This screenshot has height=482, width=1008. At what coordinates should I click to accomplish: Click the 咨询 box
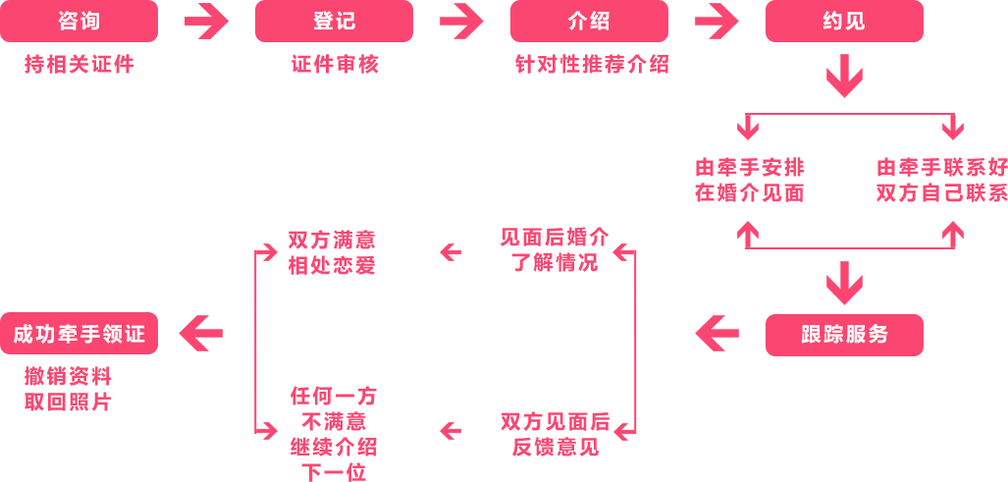click(x=79, y=21)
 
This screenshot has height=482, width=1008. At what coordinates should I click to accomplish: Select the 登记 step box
click(x=334, y=21)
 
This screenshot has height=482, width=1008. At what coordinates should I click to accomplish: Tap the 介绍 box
click(x=589, y=21)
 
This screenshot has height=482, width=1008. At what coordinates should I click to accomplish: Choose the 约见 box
click(x=844, y=21)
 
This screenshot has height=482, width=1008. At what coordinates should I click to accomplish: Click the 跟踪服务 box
click(x=844, y=334)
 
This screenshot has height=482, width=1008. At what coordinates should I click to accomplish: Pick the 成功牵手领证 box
click(x=79, y=334)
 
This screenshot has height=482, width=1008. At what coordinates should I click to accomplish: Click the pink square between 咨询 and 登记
click(x=206, y=21)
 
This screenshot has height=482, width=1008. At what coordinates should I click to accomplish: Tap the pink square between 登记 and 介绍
click(x=461, y=21)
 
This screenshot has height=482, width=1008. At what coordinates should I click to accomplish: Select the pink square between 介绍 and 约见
click(x=716, y=21)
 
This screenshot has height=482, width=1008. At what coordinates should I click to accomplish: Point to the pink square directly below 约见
click(x=844, y=76)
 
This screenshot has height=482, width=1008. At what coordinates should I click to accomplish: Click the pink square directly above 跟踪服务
click(x=844, y=283)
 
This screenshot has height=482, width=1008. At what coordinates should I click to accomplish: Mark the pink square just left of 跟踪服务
click(x=716, y=334)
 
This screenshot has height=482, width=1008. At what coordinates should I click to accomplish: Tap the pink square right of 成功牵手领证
click(x=200, y=334)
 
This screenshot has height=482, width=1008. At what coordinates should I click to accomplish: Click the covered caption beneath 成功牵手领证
click(x=68, y=389)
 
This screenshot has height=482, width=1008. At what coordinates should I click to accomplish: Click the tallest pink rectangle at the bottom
click(x=337, y=434)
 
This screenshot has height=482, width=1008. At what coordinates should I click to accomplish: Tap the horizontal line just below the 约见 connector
click(x=844, y=115)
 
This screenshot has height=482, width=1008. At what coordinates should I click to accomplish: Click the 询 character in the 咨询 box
click(x=90, y=21)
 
